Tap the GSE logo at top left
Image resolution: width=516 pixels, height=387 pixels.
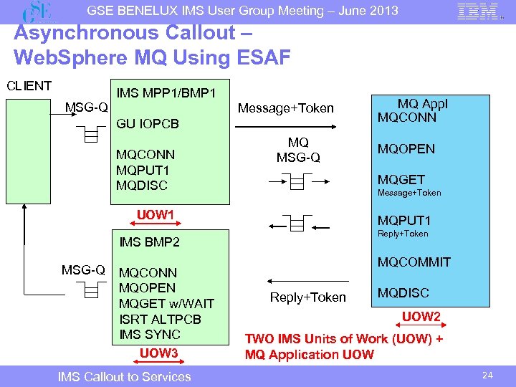pos(39,12)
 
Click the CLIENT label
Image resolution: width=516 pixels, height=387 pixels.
pos(29,86)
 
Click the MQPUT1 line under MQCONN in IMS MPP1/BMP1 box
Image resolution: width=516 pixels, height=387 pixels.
pos(142,170)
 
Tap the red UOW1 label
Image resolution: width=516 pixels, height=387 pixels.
pos(156,215)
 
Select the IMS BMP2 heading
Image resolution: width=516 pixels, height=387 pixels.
pos(150,242)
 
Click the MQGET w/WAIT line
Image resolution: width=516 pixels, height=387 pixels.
pos(166,304)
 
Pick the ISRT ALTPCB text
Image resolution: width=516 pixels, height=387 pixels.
pos(160,319)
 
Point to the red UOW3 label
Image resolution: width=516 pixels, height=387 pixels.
pos(158,353)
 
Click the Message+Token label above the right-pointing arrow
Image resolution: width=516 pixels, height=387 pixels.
pos(286,108)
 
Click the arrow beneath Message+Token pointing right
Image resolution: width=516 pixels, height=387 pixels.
pos(286,127)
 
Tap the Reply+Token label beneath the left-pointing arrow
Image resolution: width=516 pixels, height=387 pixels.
pos(307,297)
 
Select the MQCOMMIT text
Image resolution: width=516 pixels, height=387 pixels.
pos(414,262)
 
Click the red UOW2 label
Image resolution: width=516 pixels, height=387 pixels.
pos(421,317)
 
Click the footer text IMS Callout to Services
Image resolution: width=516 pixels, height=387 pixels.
pos(125,377)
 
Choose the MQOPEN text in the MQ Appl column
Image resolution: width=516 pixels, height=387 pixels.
pos(406,149)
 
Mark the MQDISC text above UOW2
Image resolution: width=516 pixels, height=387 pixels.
pos(403,293)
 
